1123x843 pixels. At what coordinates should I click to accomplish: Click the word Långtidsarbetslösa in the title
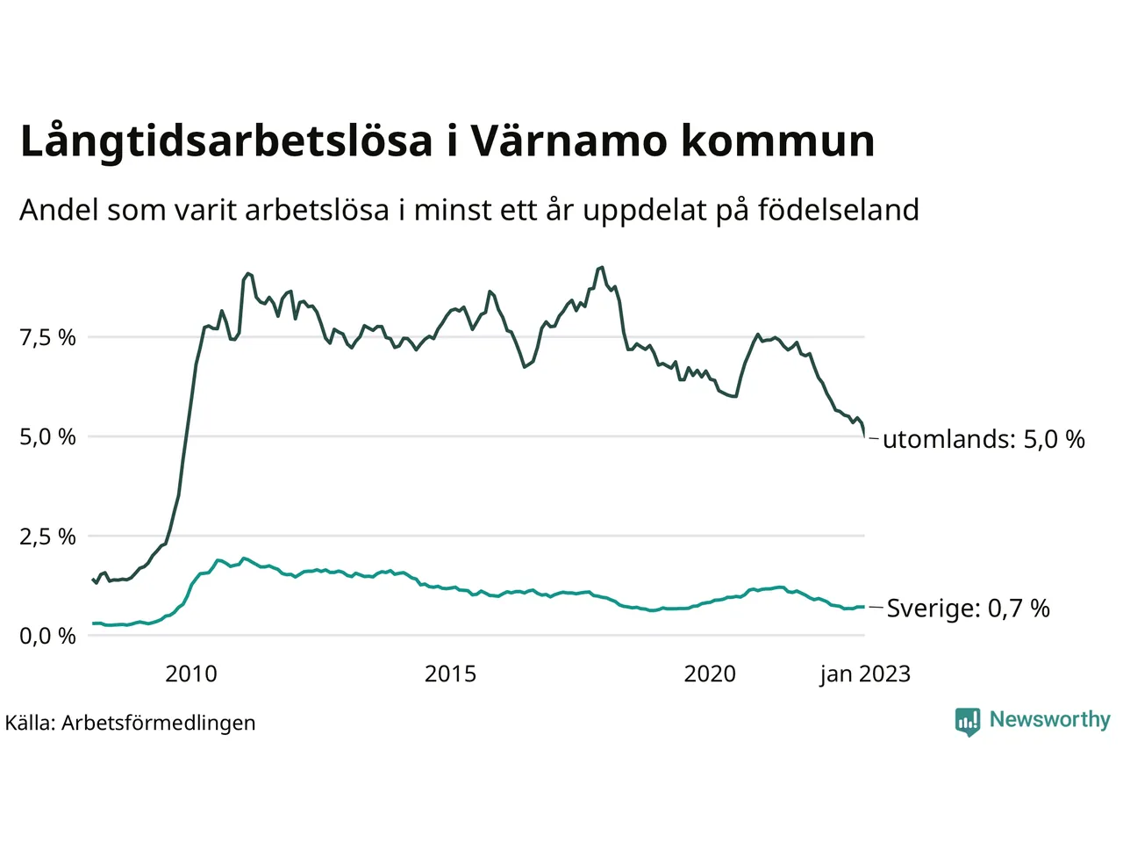point(226,141)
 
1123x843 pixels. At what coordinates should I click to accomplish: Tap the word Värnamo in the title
point(568,141)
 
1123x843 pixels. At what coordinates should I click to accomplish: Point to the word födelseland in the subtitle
point(838,210)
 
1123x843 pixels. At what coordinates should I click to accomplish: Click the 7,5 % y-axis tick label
point(47,337)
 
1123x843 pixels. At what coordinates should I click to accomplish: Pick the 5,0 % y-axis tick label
point(47,436)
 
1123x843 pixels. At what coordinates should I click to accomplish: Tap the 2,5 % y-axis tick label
point(47,537)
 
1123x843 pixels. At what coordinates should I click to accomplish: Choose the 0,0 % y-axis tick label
point(47,636)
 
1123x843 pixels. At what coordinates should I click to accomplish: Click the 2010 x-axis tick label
point(191,674)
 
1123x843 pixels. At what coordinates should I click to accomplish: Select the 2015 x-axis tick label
point(450,674)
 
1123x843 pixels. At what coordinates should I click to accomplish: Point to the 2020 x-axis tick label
point(710,674)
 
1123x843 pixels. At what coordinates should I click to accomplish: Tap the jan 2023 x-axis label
point(865,674)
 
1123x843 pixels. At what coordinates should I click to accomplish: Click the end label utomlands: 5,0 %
point(984,439)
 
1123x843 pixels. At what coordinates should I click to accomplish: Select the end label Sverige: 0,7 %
point(968,609)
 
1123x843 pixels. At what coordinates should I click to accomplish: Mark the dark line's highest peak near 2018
point(601,267)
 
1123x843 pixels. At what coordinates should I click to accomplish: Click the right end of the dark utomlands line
point(865,436)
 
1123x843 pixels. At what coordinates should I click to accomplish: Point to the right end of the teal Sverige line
point(864,607)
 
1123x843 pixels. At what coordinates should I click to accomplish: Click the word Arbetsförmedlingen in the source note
point(159,723)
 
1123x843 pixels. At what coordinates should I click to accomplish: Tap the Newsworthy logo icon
point(967,721)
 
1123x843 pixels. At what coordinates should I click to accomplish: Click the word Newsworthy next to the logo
point(1050,719)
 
